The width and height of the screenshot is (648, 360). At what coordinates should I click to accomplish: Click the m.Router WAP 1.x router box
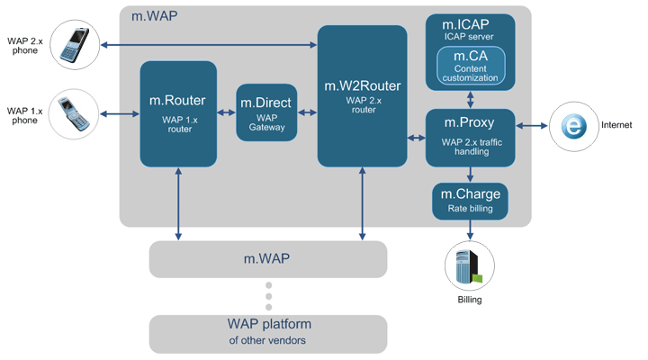click(178, 113)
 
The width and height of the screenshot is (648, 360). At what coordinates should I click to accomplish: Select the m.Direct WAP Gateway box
click(266, 112)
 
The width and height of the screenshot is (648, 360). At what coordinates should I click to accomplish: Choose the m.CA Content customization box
click(470, 67)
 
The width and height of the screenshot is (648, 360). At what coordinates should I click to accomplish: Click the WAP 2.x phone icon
click(76, 45)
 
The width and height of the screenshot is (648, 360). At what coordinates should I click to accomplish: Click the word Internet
click(616, 126)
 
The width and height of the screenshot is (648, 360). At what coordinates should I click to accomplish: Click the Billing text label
click(469, 299)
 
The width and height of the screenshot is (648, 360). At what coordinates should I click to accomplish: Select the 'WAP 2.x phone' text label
click(24, 45)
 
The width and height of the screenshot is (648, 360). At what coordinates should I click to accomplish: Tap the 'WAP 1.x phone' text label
click(24, 114)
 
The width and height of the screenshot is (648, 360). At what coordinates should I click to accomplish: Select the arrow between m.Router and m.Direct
click(227, 112)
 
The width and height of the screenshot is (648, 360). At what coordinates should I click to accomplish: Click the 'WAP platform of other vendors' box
click(268, 333)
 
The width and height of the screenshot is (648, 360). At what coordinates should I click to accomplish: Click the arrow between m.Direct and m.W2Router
click(307, 112)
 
